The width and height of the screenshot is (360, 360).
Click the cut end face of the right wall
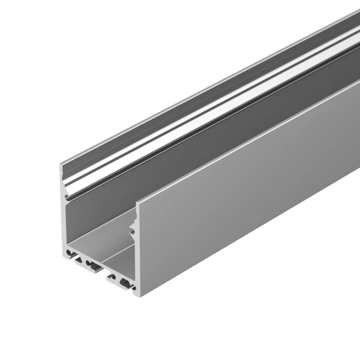click(x=139, y=252)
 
